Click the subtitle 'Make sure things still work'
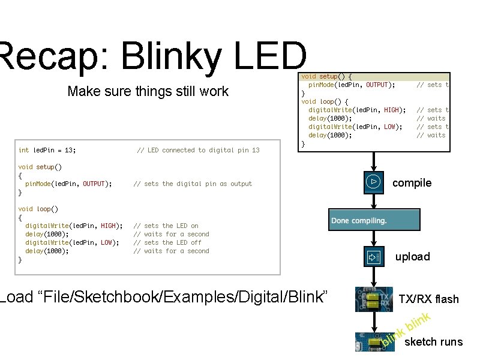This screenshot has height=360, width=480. point(148,91)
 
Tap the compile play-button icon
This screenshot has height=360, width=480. point(373,181)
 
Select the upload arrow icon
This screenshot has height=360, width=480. point(374,257)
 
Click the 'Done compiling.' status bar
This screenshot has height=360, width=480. point(374,220)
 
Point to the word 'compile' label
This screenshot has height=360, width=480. point(412,183)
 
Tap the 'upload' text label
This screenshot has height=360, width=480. point(412,257)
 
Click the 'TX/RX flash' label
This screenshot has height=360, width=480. point(428,299)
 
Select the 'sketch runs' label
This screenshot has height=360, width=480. point(433,342)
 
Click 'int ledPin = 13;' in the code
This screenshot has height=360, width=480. point(47,150)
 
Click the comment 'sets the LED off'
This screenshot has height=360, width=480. point(170,242)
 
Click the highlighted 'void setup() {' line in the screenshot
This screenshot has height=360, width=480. point(326,77)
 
